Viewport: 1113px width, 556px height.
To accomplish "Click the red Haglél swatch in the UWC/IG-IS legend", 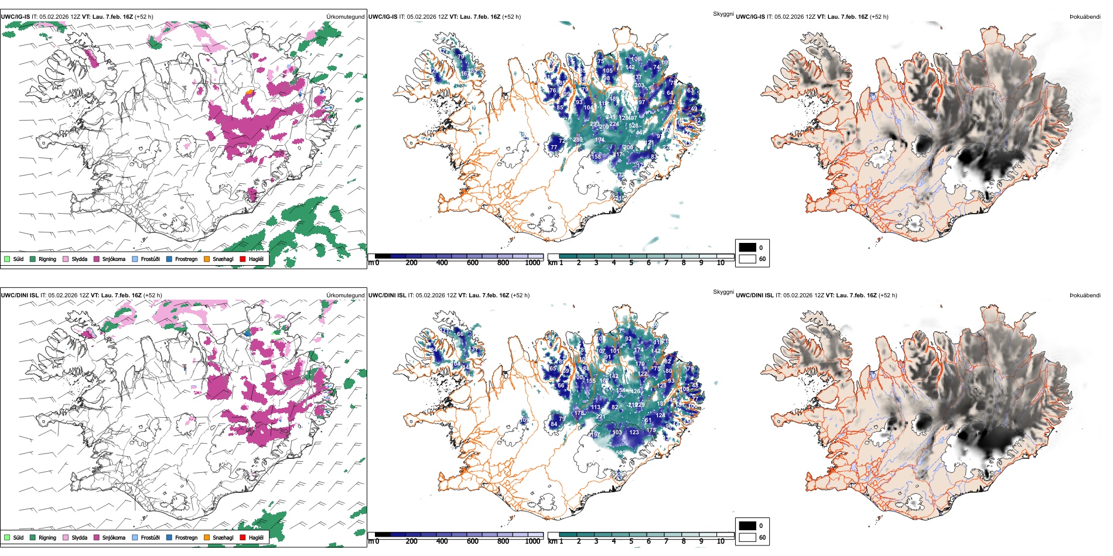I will [243, 259].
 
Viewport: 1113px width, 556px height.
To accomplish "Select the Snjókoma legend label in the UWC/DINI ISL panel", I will [114, 537].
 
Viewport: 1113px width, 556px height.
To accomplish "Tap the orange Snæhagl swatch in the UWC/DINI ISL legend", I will [207, 537].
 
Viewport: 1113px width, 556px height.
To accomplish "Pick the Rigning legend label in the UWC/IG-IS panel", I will [47, 259].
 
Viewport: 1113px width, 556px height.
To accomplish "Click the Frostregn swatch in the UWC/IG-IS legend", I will [169, 259].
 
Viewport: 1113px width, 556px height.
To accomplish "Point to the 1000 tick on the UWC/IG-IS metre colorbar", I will [532, 263].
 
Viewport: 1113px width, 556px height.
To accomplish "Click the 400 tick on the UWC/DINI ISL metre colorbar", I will [442, 541].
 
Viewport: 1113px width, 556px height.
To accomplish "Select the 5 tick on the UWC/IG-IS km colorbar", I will [631, 263].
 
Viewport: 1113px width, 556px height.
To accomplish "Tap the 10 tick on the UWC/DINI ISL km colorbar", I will [721, 541].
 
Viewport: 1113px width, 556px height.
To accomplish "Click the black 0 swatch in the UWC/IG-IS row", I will [747, 248].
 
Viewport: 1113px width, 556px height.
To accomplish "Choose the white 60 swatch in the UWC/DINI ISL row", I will [747, 537].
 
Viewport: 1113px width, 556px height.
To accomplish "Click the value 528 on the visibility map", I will [633, 126].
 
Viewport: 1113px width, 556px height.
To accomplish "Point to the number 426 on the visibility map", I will [634, 391].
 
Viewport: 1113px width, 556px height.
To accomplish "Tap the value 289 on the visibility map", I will [578, 139].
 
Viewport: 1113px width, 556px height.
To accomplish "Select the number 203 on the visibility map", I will [639, 85].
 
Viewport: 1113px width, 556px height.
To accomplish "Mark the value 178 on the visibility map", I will [579, 413].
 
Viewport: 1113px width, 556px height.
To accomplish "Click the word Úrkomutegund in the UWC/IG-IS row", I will [345, 17].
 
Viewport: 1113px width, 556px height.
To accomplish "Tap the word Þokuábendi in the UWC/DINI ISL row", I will [1085, 296].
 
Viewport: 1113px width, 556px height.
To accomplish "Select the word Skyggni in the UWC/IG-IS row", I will [723, 13].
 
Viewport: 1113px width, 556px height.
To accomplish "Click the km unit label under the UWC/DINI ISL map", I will [552, 541].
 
